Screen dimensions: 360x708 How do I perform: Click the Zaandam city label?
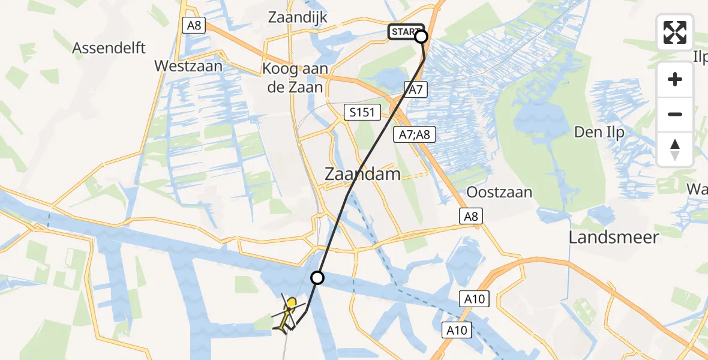362,175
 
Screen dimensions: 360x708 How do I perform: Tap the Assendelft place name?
109,48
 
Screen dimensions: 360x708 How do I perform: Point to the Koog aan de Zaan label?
295,78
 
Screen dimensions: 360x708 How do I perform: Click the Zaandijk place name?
298,17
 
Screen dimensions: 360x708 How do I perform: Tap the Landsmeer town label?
614,237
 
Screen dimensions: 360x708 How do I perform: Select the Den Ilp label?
599,132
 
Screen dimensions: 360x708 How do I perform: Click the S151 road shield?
362,112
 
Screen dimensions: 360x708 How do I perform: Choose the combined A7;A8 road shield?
414,134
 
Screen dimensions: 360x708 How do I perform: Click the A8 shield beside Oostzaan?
472,216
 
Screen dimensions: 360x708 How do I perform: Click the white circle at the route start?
421,37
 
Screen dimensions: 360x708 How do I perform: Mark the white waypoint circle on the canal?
317,278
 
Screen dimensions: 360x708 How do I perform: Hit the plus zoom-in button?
675,79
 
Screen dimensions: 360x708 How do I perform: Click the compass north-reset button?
675,149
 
